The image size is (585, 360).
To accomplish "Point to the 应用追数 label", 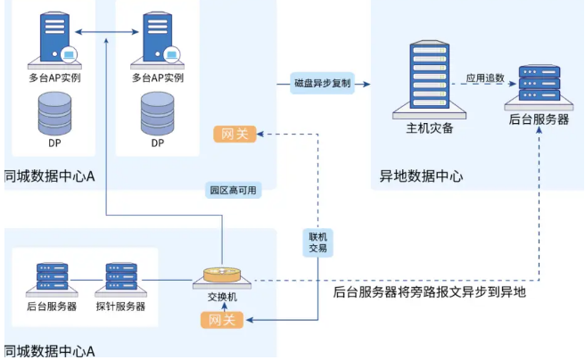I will (x=486, y=78).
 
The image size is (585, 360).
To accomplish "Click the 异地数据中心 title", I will (x=422, y=176).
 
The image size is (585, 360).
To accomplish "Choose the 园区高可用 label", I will (x=233, y=190).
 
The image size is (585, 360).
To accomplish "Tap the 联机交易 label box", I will (x=318, y=242).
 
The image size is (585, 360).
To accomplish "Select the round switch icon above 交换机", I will (x=221, y=277).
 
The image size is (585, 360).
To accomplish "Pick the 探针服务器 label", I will (x=120, y=306).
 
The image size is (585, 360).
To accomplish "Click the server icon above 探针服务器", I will (x=120, y=279).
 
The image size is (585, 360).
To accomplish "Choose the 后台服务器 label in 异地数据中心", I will (x=539, y=119).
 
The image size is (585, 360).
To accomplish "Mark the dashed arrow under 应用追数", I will (x=486, y=88).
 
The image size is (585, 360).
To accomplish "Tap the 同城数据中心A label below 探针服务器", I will (x=50, y=351).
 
